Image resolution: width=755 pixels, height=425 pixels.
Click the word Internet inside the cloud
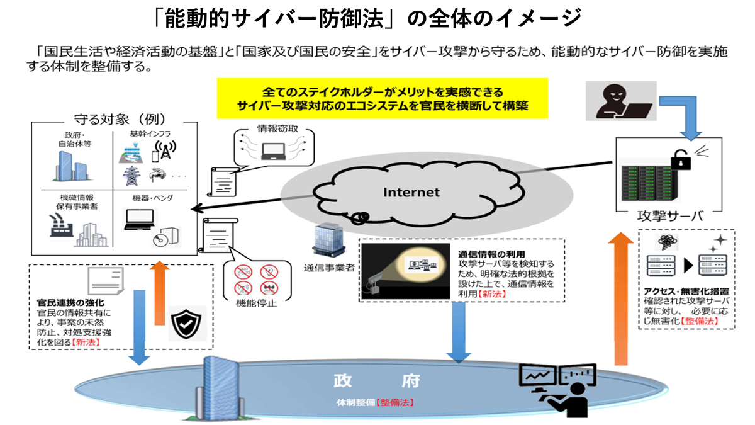click(x=412, y=191)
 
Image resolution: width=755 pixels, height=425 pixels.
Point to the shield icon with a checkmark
click(x=187, y=326)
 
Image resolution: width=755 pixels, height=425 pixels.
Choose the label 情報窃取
click(x=272, y=128)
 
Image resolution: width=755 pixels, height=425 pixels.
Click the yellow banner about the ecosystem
click(x=382, y=98)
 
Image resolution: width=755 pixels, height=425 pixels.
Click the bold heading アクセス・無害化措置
click(x=686, y=292)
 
